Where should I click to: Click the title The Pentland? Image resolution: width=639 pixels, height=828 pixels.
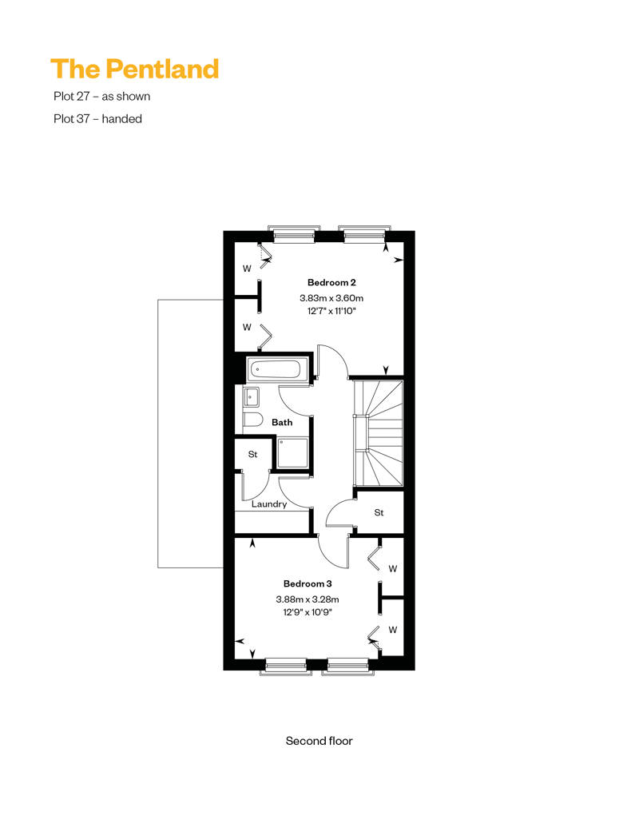click(134, 70)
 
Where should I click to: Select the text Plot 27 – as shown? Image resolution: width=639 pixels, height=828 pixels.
click(101, 96)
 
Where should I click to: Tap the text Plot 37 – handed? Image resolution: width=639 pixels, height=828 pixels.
click(97, 119)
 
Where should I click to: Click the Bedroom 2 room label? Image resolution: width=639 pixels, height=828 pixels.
click(331, 282)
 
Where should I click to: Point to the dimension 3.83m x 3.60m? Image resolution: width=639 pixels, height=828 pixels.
click(331, 298)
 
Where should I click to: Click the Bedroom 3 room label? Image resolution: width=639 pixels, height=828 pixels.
click(308, 583)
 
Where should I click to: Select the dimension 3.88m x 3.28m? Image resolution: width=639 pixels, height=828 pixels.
click(308, 599)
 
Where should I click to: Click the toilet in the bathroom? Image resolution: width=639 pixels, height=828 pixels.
click(252, 420)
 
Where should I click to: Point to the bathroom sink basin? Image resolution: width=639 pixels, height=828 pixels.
click(251, 396)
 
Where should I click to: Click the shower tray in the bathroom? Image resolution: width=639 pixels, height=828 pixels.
click(292, 452)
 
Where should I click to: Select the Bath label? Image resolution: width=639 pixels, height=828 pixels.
click(282, 423)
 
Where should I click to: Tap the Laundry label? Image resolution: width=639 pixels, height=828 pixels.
click(269, 504)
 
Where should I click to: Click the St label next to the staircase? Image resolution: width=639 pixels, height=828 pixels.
click(379, 512)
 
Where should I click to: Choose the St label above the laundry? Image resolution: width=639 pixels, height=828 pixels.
click(252, 454)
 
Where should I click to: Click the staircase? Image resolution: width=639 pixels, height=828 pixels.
click(378, 433)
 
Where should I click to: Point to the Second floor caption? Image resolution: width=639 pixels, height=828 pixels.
click(319, 741)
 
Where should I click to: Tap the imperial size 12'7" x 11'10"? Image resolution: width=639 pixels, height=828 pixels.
click(331, 311)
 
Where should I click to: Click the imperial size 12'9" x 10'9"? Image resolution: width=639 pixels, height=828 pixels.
click(308, 612)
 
